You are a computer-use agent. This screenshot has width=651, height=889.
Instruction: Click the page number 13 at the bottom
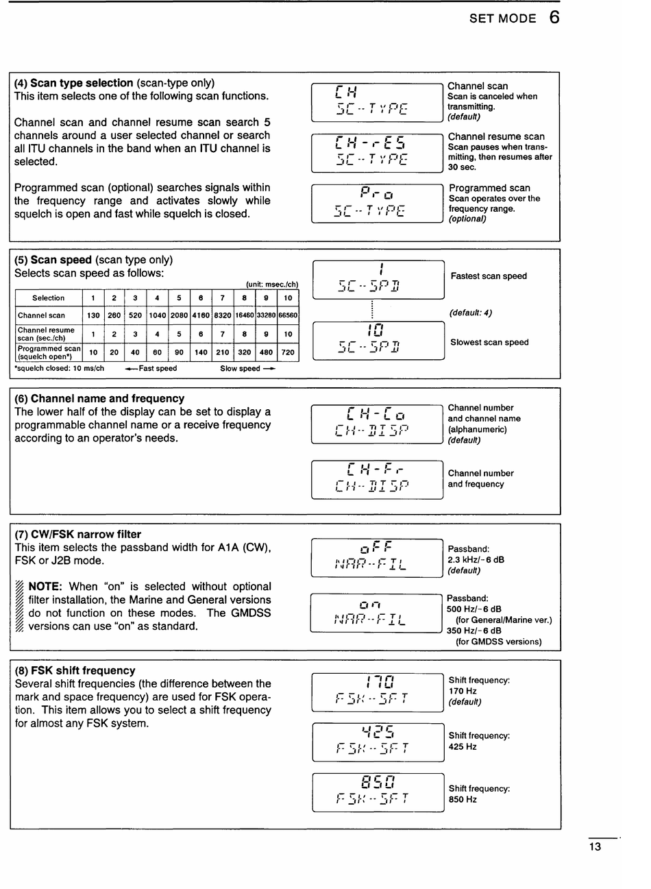tap(595, 847)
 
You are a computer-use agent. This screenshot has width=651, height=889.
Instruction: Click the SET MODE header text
tap(502, 19)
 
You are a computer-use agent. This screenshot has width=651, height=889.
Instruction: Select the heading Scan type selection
tap(82, 83)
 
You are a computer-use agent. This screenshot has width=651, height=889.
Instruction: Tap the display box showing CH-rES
tap(377, 152)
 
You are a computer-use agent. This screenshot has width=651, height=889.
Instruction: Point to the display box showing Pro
tap(377, 203)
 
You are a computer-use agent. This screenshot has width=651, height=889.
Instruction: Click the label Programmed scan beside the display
tap(489, 188)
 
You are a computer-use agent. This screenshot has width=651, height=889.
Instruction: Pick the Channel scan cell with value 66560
tap(288, 316)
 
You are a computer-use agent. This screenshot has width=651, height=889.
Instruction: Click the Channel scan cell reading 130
tap(93, 316)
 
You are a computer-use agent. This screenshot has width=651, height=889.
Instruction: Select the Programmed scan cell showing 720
tap(288, 352)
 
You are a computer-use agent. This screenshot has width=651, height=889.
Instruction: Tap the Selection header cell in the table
tap(49, 298)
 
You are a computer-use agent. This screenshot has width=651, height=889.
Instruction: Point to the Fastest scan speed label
tap(489, 276)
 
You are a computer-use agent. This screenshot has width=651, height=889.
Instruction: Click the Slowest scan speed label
tap(489, 342)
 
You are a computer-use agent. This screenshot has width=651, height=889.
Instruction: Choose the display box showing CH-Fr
tap(377, 479)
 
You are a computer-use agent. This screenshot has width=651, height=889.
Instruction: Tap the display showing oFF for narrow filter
tap(377, 557)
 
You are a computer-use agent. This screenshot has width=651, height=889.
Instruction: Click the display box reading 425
tap(378, 742)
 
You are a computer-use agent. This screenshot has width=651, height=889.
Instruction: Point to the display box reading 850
tap(378, 792)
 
